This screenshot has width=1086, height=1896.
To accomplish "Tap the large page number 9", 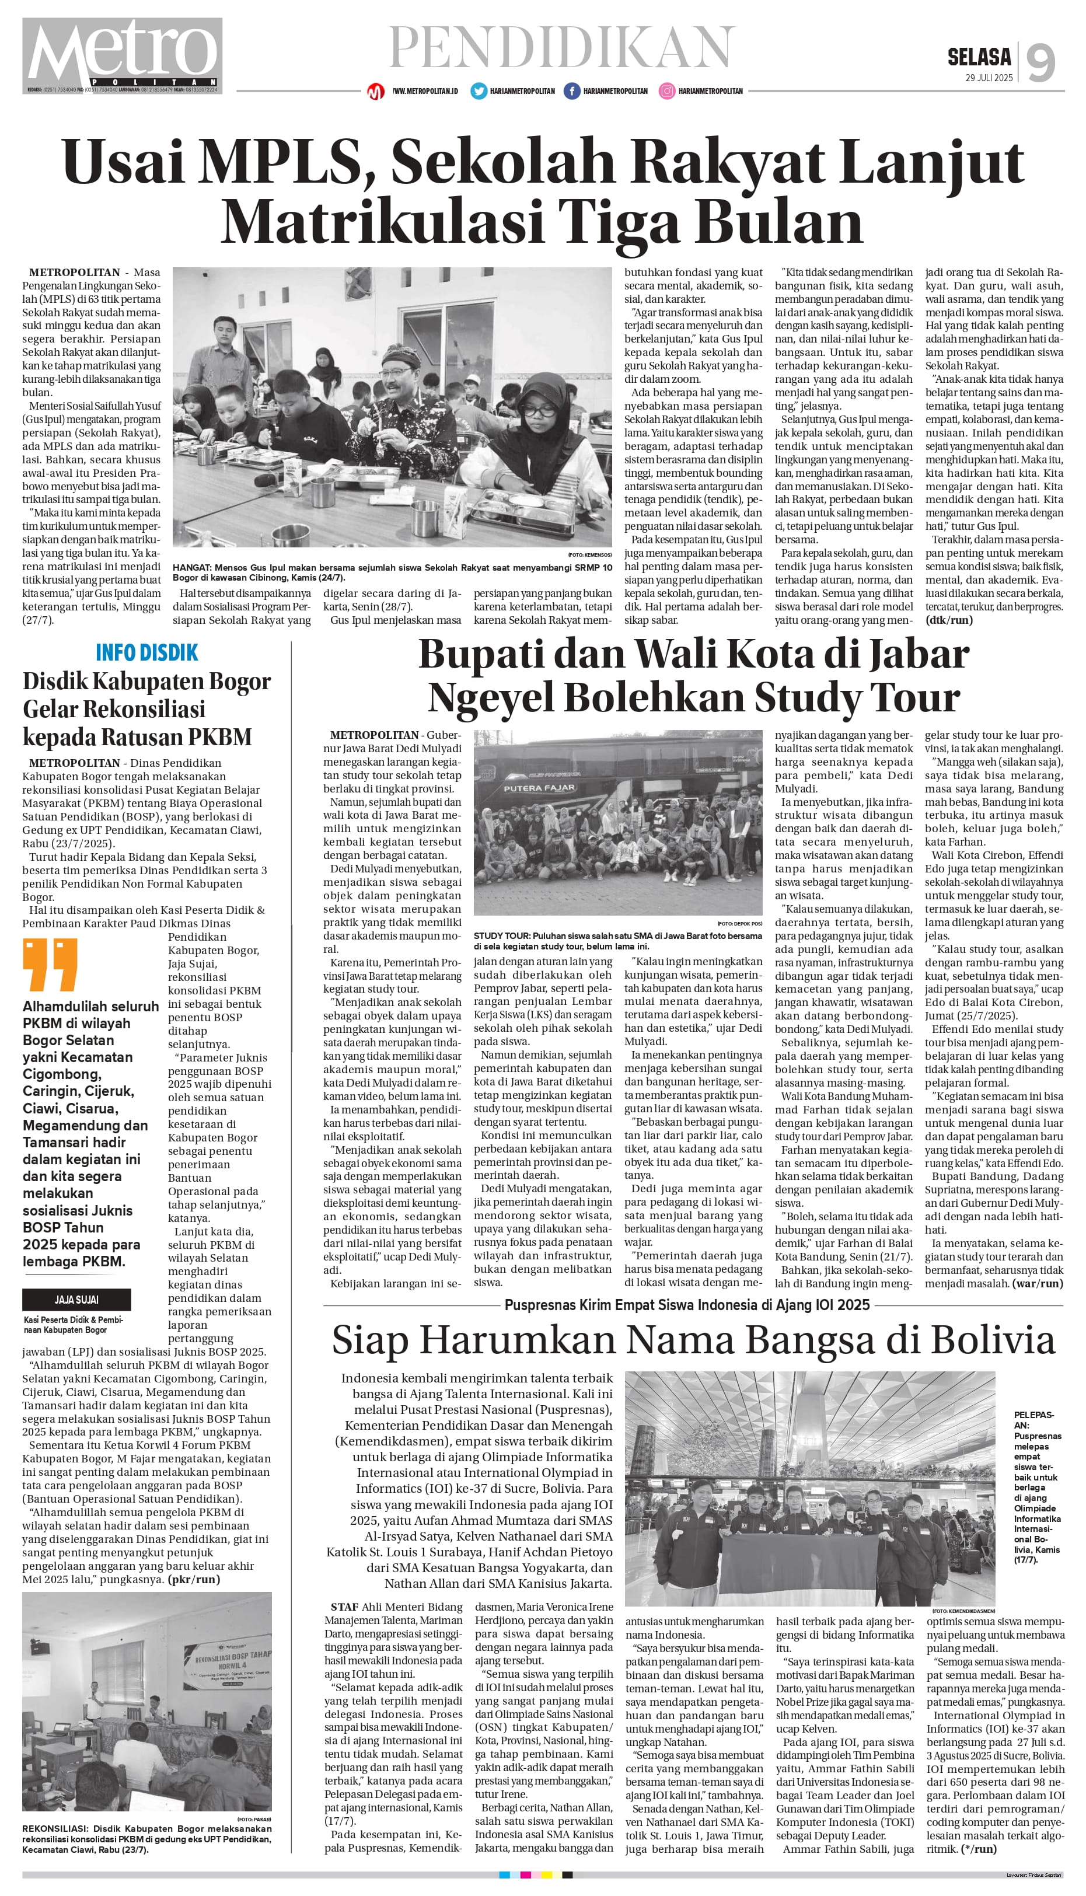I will [x=1041, y=62].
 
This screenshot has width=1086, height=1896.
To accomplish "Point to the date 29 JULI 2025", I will [x=989, y=78].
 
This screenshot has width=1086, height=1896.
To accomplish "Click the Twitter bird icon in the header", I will [x=478, y=91].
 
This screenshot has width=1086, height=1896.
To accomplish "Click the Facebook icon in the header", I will [x=572, y=91].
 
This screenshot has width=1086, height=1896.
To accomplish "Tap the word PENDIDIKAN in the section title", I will [x=561, y=47].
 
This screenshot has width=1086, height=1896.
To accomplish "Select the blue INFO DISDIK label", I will [x=147, y=652].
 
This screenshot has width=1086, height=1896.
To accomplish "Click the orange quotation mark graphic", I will [x=50, y=965].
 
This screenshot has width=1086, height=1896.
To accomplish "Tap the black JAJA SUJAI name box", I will [x=77, y=1299].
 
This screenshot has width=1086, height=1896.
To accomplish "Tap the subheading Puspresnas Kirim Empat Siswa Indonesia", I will [x=686, y=1304].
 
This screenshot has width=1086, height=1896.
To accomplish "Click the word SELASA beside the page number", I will [x=979, y=57].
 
